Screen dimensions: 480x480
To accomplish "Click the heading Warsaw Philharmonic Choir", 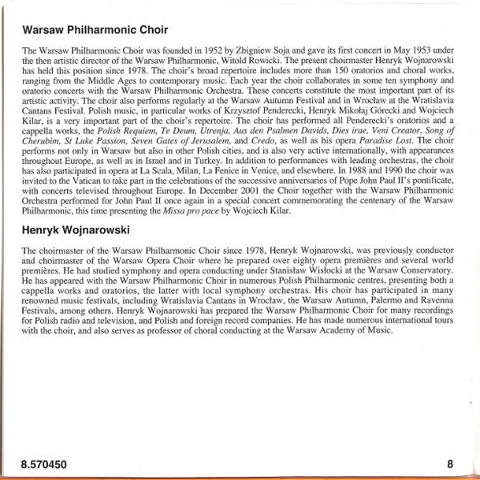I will (x=94, y=30).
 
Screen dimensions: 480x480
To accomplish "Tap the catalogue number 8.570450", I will (x=46, y=462).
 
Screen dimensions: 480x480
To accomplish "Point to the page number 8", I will (x=450, y=462).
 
